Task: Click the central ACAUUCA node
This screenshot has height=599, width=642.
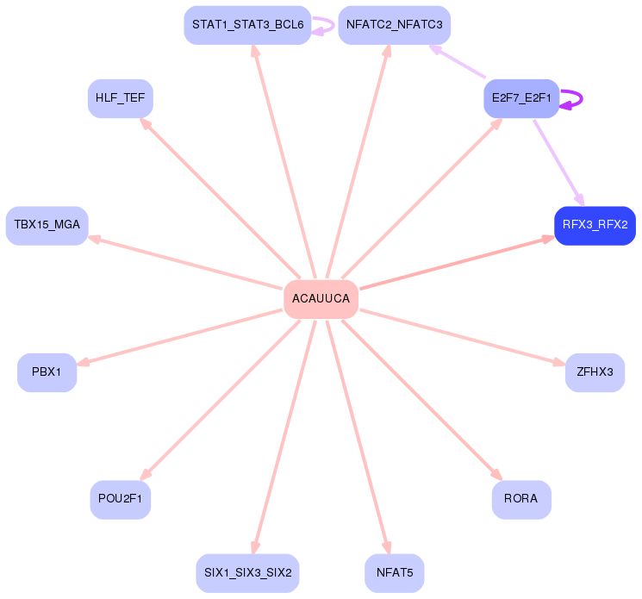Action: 321,299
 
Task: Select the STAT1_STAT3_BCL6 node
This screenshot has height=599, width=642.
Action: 247,25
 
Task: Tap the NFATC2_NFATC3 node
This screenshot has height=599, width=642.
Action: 394,25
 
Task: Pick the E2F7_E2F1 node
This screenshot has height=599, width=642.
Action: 521,98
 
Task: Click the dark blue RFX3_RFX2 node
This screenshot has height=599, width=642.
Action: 595,225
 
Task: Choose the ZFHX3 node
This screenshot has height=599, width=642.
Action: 595,372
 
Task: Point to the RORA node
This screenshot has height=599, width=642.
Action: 520,499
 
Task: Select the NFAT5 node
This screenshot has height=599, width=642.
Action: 394,572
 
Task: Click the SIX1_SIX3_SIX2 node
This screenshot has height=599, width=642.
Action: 247,572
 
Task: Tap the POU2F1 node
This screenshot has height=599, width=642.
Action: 121,499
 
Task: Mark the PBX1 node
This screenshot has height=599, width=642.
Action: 47,372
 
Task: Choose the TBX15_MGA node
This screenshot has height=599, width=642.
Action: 47,225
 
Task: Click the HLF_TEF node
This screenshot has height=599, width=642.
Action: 121,98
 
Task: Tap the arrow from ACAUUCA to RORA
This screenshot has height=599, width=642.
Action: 422,401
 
